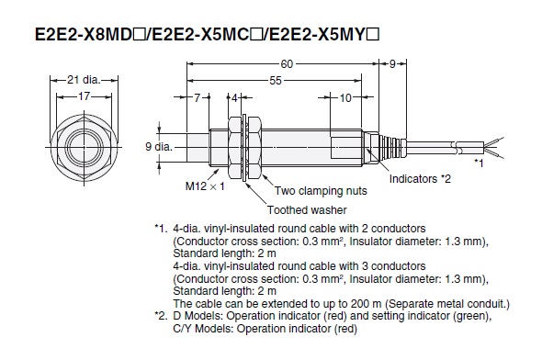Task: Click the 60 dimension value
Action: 287,64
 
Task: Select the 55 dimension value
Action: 276,81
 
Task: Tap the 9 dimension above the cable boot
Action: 392,64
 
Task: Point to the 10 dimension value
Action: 345,98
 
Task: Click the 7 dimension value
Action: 197,98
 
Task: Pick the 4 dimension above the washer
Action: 234,98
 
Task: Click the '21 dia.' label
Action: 84,80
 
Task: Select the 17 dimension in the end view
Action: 84,96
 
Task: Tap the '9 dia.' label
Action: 159,147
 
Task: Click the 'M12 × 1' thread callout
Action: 205,186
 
